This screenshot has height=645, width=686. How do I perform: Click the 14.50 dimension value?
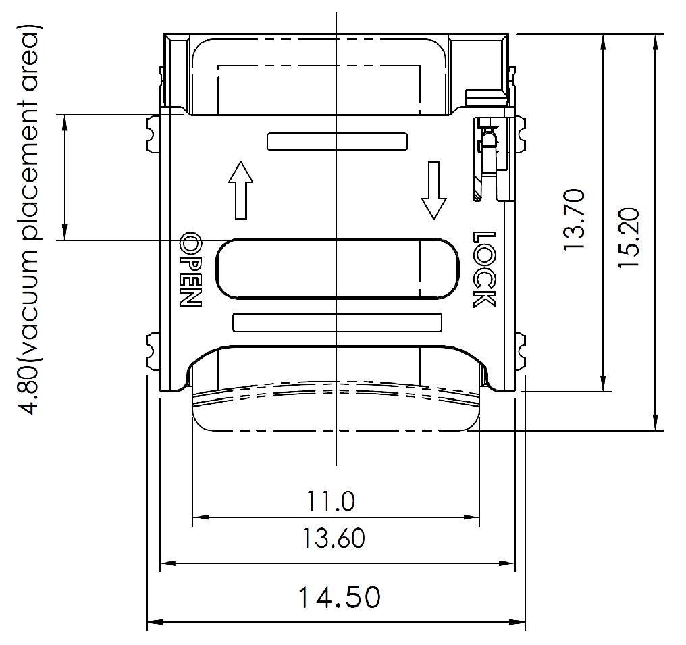click(x=339, y=597)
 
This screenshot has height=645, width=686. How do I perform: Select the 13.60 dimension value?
click(x=334, y=538)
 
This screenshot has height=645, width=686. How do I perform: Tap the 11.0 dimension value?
click(x=331, y=501)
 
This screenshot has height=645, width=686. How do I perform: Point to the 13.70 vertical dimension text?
click(x=575, y=220)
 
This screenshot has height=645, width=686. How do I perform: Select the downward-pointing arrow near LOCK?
click(x=433, y=190)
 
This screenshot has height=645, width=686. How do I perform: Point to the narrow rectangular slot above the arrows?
click(x=338, y=141)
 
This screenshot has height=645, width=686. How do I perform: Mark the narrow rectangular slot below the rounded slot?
click(x=337, y=322)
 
